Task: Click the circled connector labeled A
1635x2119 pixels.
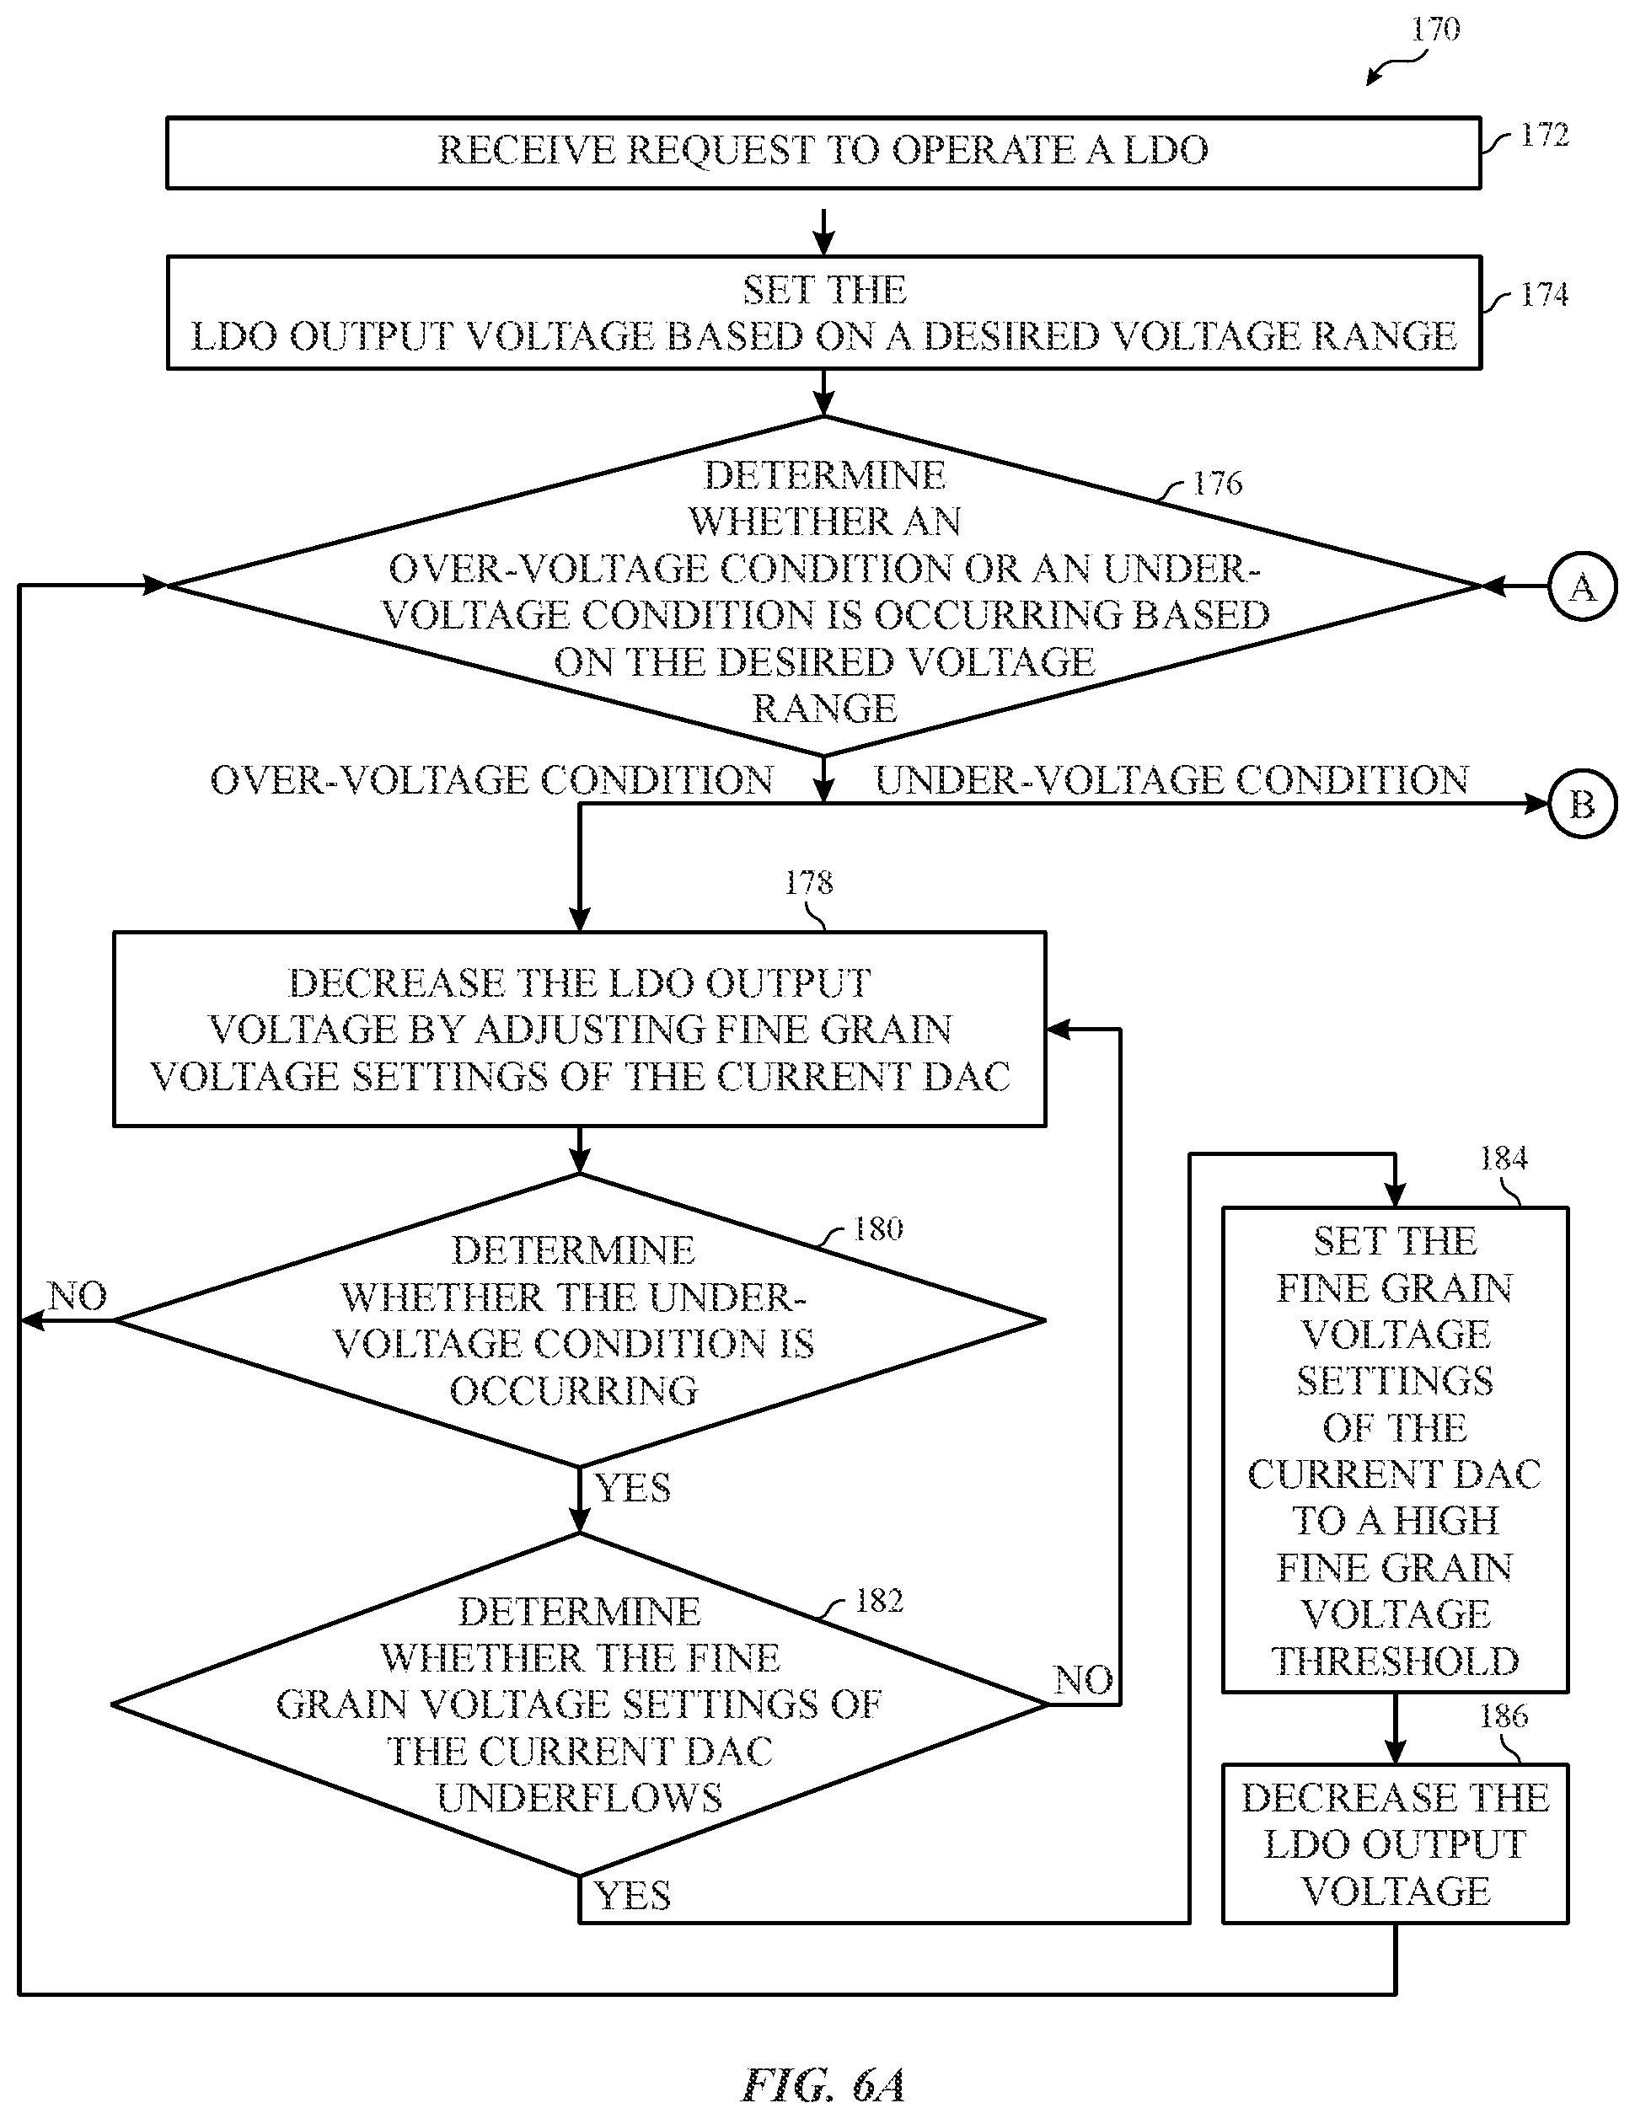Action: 1583,587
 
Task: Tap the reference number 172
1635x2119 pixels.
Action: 1544,135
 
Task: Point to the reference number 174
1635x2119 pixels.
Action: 1544,294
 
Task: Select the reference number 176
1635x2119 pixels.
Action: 1217,483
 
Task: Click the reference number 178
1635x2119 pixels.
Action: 808,882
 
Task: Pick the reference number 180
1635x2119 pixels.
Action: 878,1229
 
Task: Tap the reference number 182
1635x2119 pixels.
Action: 879,1600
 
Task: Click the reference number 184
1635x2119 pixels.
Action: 1503,1158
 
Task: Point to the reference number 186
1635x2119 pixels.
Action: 1503,1715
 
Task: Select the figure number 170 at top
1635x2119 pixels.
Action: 1435,29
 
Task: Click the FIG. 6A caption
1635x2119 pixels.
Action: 823,2084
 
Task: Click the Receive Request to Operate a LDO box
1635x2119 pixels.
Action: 823,153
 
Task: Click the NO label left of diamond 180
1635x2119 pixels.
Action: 78,1296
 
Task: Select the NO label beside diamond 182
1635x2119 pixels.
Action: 1084,1680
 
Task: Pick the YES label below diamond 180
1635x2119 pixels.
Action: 633,1488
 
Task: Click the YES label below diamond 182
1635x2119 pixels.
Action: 633,1896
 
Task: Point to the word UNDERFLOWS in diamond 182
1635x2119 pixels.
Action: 579,1798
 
